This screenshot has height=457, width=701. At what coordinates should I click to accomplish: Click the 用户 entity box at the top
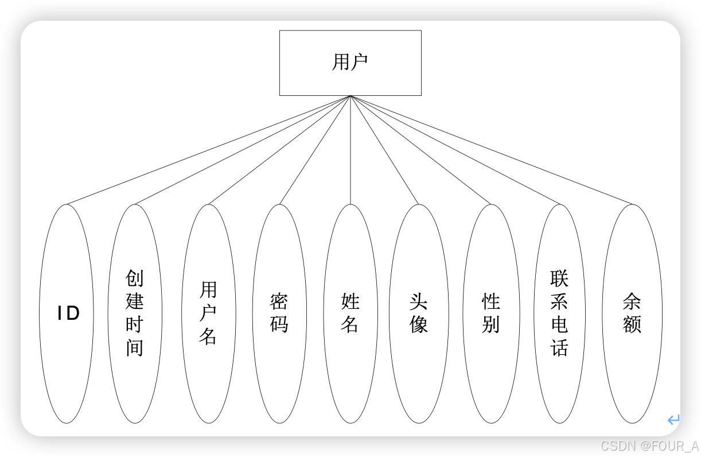tap(350, 63)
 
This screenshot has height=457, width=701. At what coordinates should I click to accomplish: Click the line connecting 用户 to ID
tap(209, 150)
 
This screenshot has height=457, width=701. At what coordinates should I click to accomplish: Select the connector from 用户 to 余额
tap(491, 150)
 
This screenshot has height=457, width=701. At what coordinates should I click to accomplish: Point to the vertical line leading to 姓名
tap(350, 150)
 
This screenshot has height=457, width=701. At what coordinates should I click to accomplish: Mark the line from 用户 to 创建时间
tap(243, 150)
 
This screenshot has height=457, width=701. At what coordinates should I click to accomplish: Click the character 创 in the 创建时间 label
tap(135, 278)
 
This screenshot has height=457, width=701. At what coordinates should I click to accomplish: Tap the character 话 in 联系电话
tap(559, 348)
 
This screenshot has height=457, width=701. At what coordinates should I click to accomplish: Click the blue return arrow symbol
tap(673, 420)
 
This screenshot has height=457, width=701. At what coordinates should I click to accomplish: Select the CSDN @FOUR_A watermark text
tap(649, 445)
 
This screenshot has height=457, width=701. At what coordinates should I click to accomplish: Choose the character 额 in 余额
tap(632, 325)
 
